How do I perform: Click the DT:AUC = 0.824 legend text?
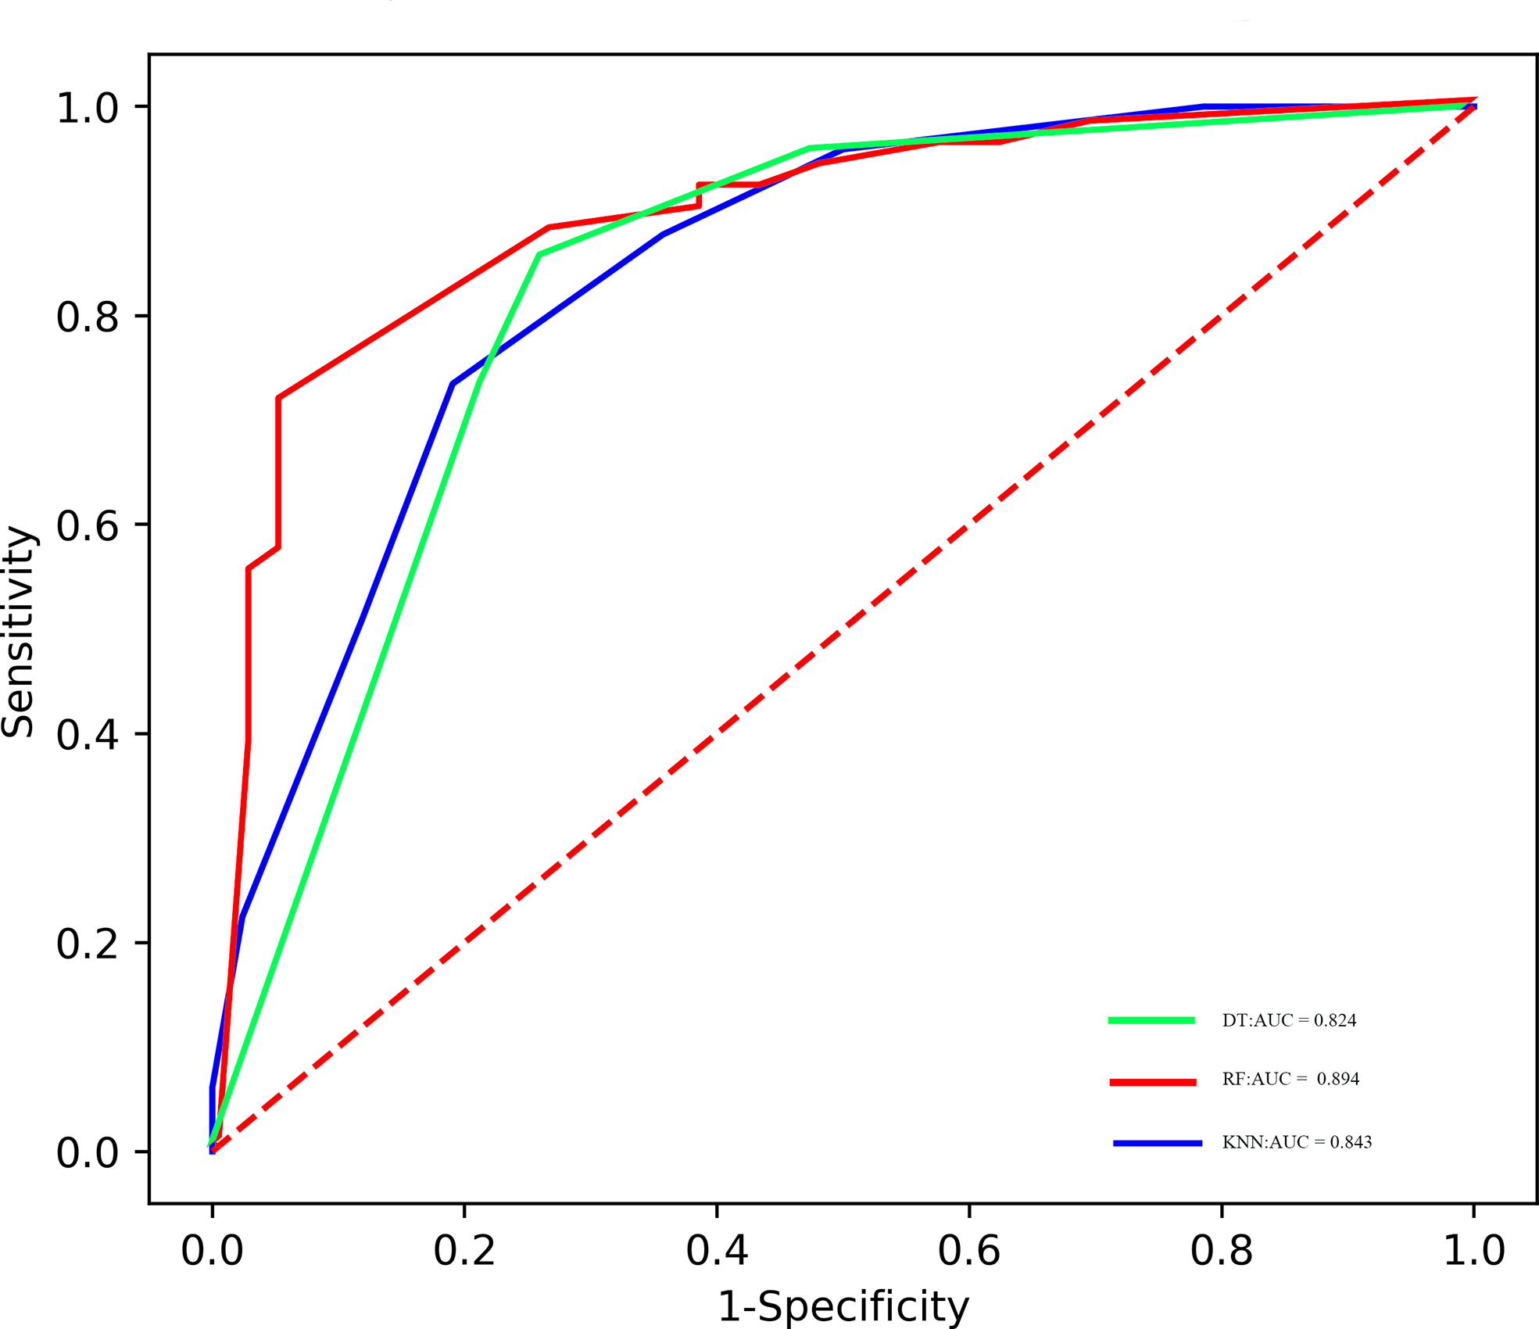pyautogui.click(x=1289, y=1021)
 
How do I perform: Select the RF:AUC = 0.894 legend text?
pyautogui.click(x=1290, y=1080)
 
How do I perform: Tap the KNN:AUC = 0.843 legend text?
pyautogui.click(x=1297, y=1143)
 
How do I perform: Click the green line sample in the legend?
pyautogui.click(x=1151, y=1020)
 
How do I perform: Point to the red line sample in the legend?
pyautogui.click(x=1153, y=1082)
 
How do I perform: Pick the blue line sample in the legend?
pyautogui.click(x=1158, y=1144)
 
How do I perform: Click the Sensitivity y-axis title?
pyautogui.click(x=19, y=632)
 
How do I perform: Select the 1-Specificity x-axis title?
pyautogui.click(x=843, y=1306)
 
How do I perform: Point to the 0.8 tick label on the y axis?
pyautogui.click(x=87, y=317)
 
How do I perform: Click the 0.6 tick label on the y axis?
pyautogui.click(x=87, y=526)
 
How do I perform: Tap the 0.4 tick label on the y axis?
pyautogui.click(x=87, y=736)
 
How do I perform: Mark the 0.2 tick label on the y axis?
pyautogui.click(x=87, y=944)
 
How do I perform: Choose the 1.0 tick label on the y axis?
pyautogui.click(x=87, y=109)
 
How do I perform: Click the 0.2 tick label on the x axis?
pyautogui.click(x=464, y=1251)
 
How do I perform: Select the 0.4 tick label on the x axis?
pyautogui.click(x=717, y=1251)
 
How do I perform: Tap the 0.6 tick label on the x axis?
pyautogui.click(x=968, y=1251)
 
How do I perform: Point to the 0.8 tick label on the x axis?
pyautogui.click(x=1221, y=1251)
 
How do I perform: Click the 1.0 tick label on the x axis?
pyautogui.click(x=1473, y=1251)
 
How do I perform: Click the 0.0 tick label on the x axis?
pyautogui.click(x=212, y=1251)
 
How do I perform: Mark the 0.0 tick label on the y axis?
pyautogui.click(x=87, y=1154)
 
